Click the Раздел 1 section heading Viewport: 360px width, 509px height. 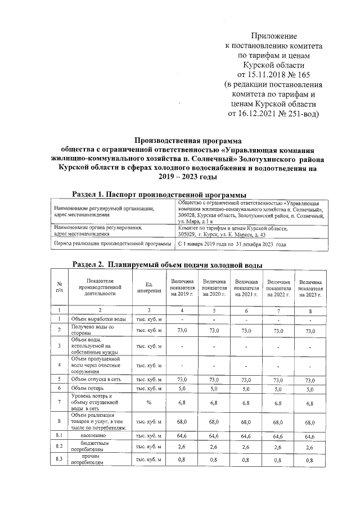click(155, 195)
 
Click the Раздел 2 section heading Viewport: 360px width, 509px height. click(168, 264)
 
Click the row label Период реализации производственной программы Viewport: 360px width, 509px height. click(112, 244)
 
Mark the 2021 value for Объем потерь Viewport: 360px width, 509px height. click(246, 389)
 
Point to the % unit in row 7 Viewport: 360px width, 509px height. click(149, 403)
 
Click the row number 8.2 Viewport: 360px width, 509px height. click(58, 447)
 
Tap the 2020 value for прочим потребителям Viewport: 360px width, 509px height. click(214, 461)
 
